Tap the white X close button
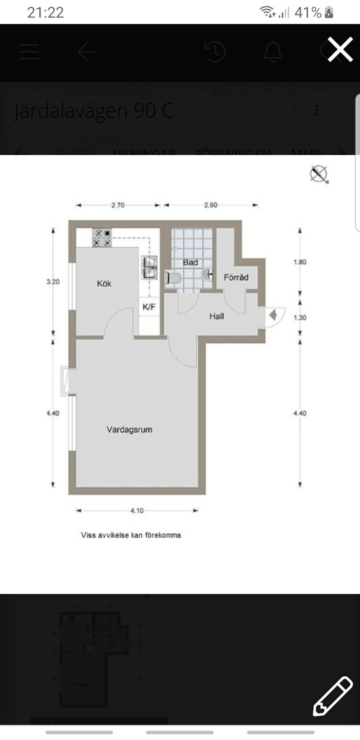pos(340,49)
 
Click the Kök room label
pos(104,284)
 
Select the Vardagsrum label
pos(129,429)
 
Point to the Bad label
pos(190,262)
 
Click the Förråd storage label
pos(236,277)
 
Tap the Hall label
pos(217,316)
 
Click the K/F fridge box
pos(149,307)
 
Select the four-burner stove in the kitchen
pos(102,238)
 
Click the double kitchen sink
pos(149,268)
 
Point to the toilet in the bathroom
pos(172,278)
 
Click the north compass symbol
pos(319,174)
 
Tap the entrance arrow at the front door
pos(273,315)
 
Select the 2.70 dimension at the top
pos(118,205)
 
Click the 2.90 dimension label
pos(211,205)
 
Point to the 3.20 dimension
pos(53,282)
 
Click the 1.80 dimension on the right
pos(300,262)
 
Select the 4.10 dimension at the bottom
pos(137,510)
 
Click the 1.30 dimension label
pos(300,317)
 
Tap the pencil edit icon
pos(333,696)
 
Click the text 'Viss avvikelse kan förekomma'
pos(131,535)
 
